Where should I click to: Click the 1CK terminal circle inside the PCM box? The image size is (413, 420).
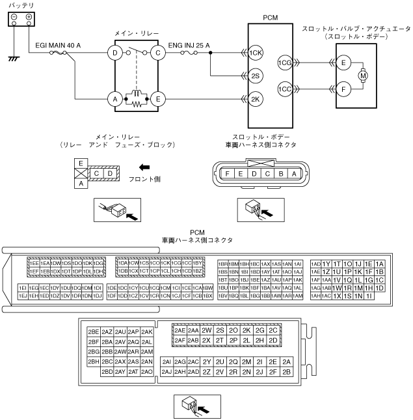click(256, 53)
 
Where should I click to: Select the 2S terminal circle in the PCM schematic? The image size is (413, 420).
click(256, 76)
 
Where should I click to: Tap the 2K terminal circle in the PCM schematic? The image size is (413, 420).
click(256, 99)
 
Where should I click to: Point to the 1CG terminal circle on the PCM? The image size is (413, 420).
click(284, 63)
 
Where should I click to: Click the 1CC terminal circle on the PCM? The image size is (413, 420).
click(284, 89)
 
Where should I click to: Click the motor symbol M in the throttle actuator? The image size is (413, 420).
click(364, 76)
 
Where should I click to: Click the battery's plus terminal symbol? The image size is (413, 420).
click(29, 17)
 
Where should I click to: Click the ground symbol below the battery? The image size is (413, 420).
click(12, 59)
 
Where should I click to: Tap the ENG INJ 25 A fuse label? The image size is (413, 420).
click(189, 46)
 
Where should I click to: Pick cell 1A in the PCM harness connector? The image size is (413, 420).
click(380, 263)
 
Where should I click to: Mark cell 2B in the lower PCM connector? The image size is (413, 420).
click(287, 372)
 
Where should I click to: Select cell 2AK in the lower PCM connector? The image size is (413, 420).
click(147, 332)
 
